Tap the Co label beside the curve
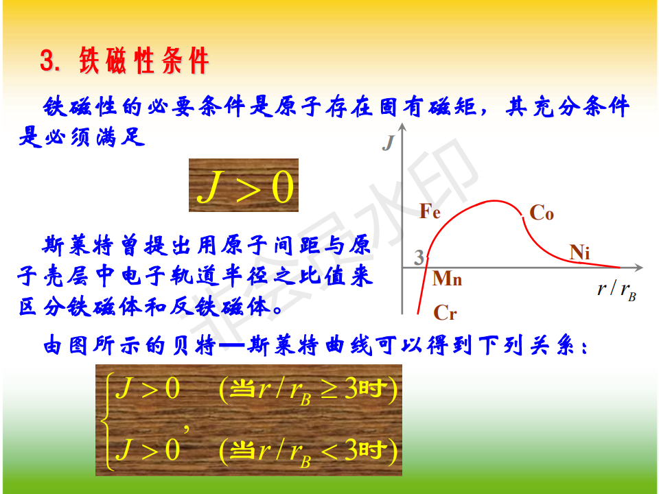click(542, 213)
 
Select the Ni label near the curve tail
click(579, 252)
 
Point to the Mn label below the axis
click(447, 279)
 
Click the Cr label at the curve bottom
click(445, 313)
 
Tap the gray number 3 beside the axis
click(419, 257)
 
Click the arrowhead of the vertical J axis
click(402, 127)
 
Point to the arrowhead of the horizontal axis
click(638, 268)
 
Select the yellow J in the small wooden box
click(209, 186)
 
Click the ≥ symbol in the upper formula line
click(329, 388)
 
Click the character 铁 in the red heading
click(89, 61)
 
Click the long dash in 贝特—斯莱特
click(231, 346)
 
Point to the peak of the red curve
click(494, 201)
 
